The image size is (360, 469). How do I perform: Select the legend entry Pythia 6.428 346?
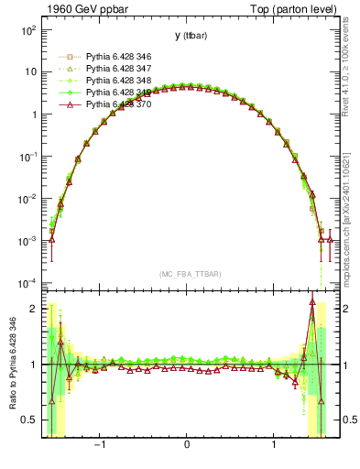(x=106, y=57)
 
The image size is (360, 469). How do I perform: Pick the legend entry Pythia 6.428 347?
(x=106, y=69)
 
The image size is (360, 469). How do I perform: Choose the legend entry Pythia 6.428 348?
(x=106, y=81)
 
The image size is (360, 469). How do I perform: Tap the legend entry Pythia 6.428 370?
(x=106, y=104)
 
